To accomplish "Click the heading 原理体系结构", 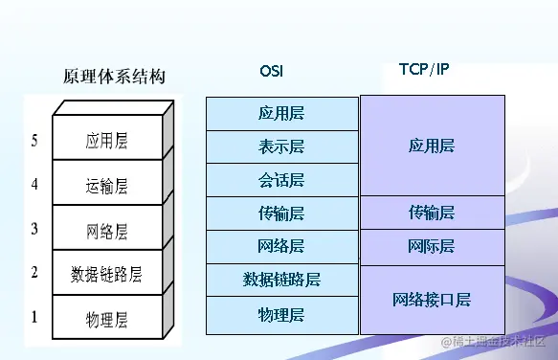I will [x=114, y=77].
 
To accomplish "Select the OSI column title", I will [x=272, y=71].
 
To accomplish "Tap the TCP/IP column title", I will [x=424, y=70].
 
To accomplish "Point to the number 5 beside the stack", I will [x=34, y=141].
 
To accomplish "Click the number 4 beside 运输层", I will [x=34, y=184].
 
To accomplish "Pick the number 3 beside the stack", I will [x=34, y=228].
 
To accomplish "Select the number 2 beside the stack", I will [x=34, y=273].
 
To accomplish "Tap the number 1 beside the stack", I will [x=34, y=316].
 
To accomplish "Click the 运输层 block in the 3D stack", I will [x=106, y=186].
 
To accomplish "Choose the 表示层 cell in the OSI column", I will [x=281, y=146].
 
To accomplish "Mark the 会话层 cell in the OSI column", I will [x=281, y=180].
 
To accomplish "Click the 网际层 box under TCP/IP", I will [x=431, y=247].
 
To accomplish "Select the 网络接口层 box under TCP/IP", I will [x=431, y=300].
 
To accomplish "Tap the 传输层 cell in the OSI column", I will [x=281, y=214].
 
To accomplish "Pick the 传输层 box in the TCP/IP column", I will [x=431, y=213].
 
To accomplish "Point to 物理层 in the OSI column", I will [x=281, y=314].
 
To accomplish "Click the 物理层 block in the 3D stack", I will [x=106, y=318].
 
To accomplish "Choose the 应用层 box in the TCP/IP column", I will [x=431, y=146].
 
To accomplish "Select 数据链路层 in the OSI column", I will [x=281, y=281].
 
